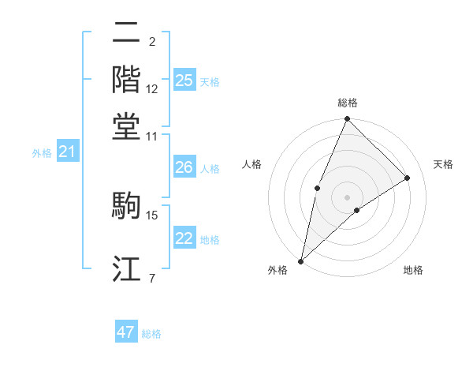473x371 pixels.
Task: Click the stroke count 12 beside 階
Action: click(152, 89)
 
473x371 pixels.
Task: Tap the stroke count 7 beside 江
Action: click(151, 278)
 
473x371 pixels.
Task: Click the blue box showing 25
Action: click(184, 81)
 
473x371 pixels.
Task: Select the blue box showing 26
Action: click(184, 167)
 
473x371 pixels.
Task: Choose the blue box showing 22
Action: click(184, 239)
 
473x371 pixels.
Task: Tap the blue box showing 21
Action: click(67, 152)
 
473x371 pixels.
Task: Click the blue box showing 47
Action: click(126, 332)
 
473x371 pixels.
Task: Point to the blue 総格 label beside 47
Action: click(151, 334)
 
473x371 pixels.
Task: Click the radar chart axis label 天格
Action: click(443, 164)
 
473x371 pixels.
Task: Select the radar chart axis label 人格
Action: click(252, 164)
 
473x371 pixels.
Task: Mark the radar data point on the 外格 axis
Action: click(301, 261)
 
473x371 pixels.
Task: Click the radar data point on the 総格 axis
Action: click(347, 120)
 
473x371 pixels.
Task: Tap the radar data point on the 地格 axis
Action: click(357, 210)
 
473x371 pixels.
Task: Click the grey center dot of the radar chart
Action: click(347, 196)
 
